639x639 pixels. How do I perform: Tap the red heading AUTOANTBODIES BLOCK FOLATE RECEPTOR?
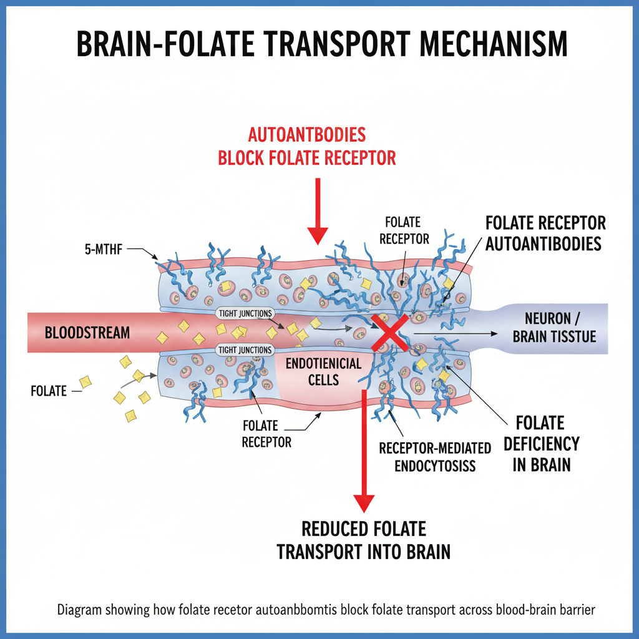(x=307, y=146)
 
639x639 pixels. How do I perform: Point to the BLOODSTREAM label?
(x=87, y=333)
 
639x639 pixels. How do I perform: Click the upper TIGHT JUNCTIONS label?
(x=245, y=313)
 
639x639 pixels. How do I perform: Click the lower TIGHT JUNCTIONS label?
(x=245, y=350)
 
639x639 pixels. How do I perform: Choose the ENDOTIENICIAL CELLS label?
(x=323, y=371)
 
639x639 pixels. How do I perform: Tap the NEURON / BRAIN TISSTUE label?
(x=554, y=326)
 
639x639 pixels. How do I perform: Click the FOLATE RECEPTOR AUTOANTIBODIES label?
(x=545, y=233)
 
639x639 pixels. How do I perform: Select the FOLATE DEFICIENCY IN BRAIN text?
(x=541, y=444)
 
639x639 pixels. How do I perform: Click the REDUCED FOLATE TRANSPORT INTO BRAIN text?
(x=364, y=540)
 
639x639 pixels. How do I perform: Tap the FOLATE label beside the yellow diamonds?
(x=49, y=391)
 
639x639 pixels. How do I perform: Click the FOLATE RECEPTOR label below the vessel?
(x=267, y=434)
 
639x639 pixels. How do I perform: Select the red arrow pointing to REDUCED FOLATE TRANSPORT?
(x=364, y=449)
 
